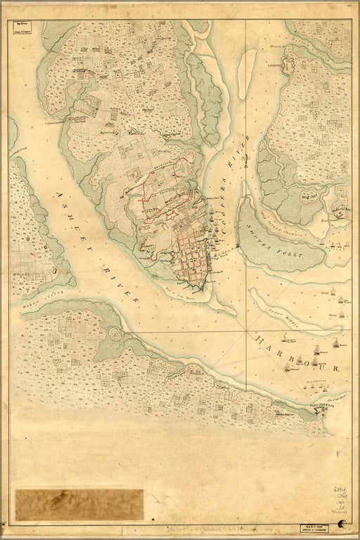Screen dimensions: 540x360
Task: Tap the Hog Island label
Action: coord(307,199)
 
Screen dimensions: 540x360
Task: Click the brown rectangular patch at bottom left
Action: coord(79,504)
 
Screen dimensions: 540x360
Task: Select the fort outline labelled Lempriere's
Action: coord(290,67)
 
